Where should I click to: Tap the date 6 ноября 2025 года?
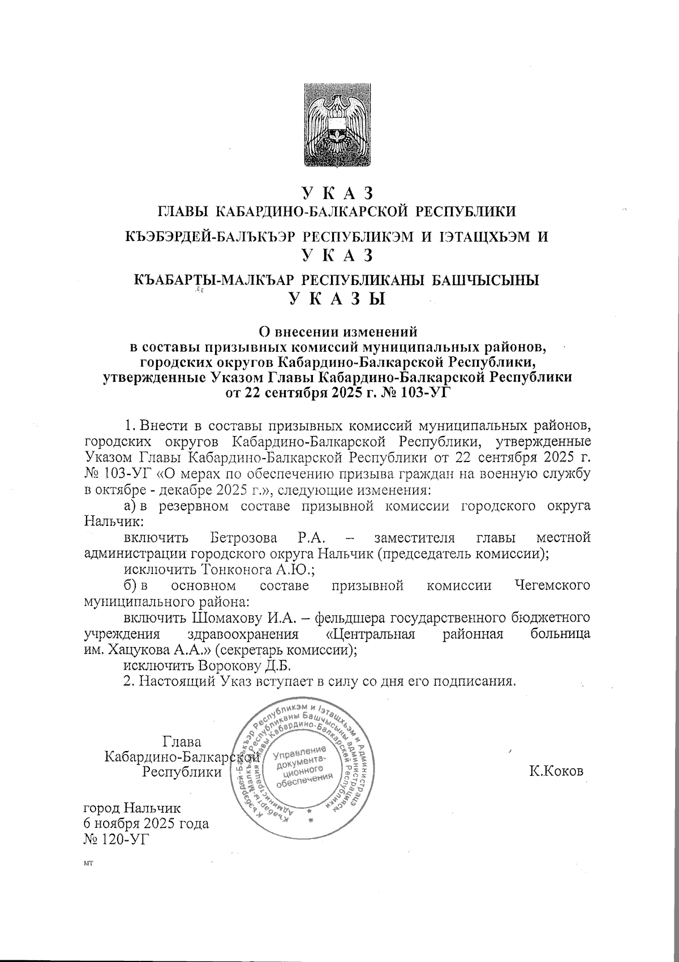[x=146, y=823]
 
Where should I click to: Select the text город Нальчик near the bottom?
[x=132, y=807]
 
